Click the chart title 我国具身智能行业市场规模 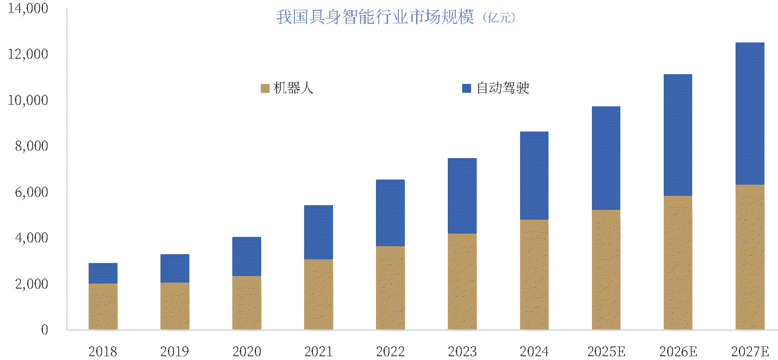click(x=375, y=17)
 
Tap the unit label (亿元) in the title click(x=499, y=18)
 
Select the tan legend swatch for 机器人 click(x=265, y=88)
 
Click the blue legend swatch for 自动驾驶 click(x=466, y=88)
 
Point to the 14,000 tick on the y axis click(x=28, y=8)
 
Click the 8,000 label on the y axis click(x=31, y=146)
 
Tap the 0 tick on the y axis click(x=44, y=330)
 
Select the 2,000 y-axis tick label click(x=31, y=284)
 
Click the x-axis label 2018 click(x=103, y=351)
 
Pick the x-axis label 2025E click(x=606, y=351)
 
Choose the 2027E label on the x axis click(x=750, y=351)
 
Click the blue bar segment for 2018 click(x=103, y=273)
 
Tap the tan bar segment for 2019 click(x=175, y=306)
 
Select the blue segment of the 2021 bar click(x=319, y=232)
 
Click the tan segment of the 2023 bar click(x=462, y=282)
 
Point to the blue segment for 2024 click(x=534, y=176)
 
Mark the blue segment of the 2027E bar click(x=750, y=114)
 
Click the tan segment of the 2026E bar click(x=678, y=263)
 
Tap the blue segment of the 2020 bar click(x=247, y=256)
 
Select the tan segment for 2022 click(x=390, y=288)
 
